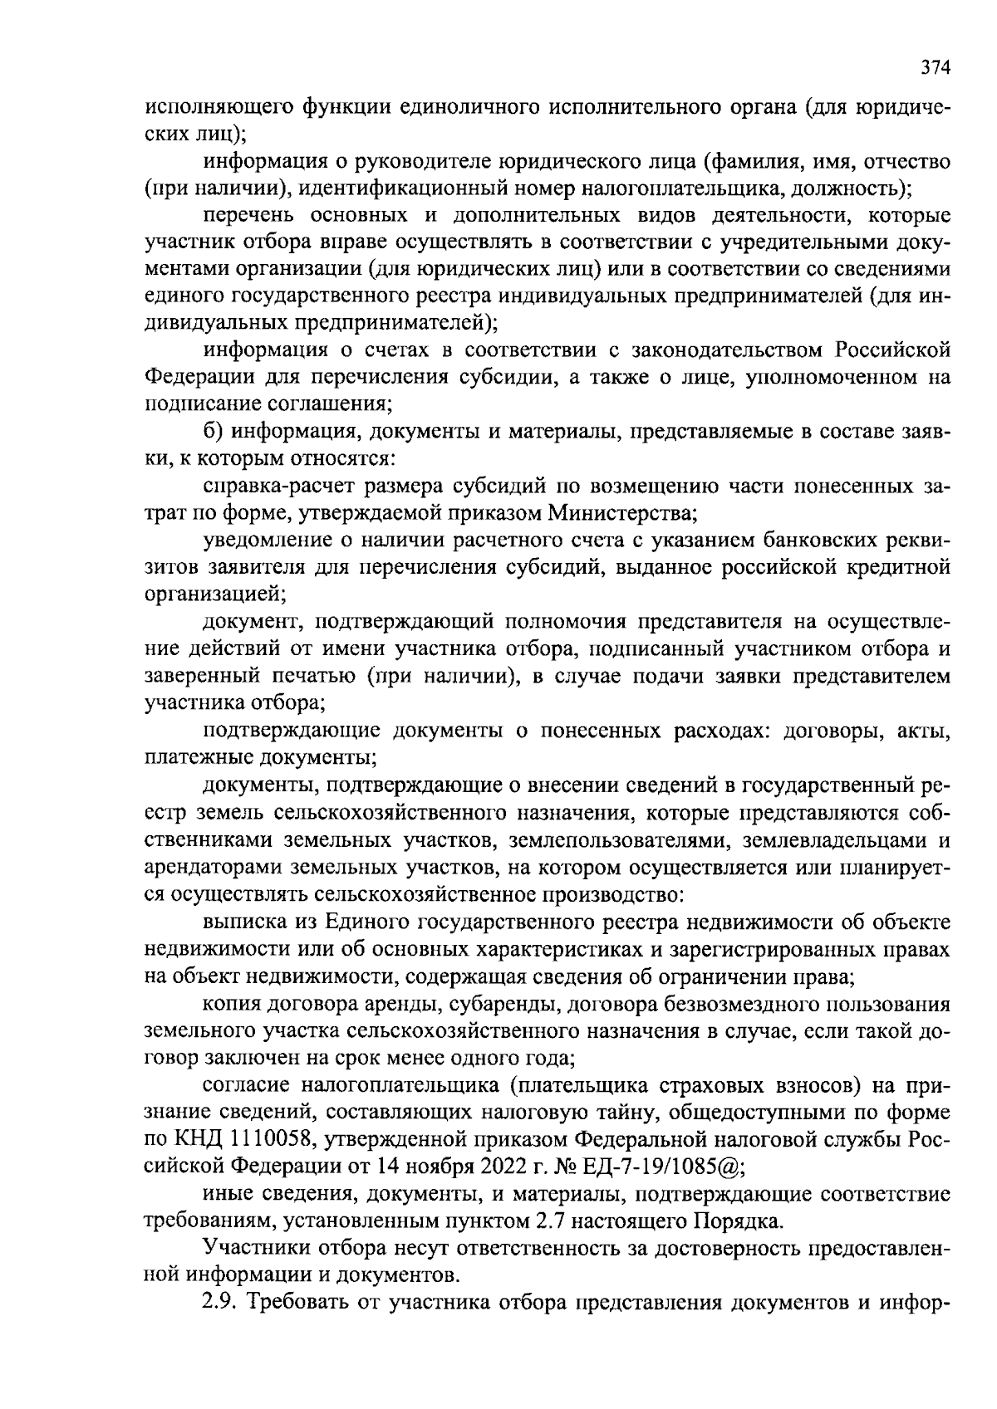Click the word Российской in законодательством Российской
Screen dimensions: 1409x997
[x=892, y=349]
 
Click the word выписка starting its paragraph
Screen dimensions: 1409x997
[x=242, y=921]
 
